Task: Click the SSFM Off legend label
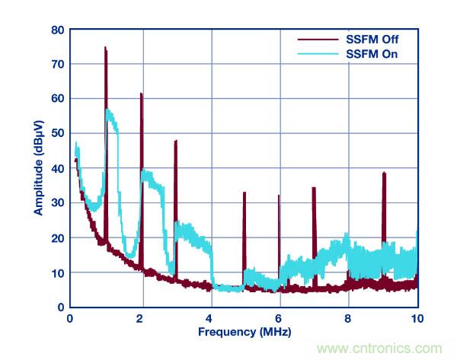372,39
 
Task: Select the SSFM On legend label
372,54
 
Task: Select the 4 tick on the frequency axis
209,317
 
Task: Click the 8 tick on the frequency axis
348,317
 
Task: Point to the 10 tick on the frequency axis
417,317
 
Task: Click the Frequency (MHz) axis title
244,333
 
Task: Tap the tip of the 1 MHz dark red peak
105,48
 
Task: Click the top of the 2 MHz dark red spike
141,94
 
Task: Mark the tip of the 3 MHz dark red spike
176,141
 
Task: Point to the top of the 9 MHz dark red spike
384,173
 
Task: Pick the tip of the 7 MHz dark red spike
314,188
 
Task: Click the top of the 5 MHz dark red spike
244,193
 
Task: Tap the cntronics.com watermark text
385,349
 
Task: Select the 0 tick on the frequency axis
70,317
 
